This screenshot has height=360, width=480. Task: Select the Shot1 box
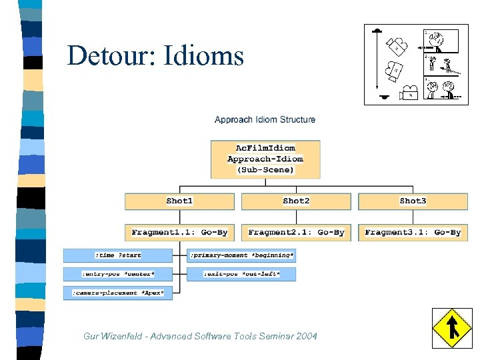(179, 201)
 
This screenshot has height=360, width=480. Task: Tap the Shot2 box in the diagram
(296, 201)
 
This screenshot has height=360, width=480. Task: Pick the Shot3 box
(413, 201)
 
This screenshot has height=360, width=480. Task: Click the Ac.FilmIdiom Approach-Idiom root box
(265, 159)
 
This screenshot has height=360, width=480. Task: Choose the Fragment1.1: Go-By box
(179, 233)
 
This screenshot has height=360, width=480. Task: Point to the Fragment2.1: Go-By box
(296, 233)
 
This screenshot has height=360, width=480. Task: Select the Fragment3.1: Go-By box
(413, 233)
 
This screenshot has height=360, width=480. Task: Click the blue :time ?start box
(118, 255)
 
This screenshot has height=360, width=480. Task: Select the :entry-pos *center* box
(118, 274)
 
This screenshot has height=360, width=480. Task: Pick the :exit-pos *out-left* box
(241, 274)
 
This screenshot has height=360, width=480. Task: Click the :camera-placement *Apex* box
(118, 293)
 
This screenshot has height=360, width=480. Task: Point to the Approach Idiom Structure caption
(265, 120)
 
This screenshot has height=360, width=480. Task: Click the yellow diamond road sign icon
(452, 327)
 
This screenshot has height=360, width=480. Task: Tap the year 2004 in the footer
(306, 336)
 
